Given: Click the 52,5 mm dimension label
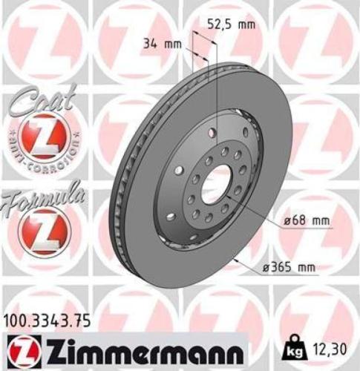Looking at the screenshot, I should pos(230,24).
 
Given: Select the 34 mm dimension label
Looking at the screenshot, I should pos(162,44).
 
